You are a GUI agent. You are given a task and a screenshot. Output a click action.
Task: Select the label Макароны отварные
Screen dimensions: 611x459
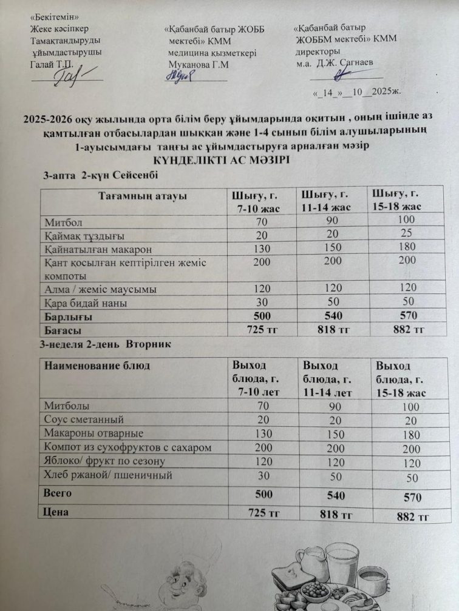[x=93, y=433]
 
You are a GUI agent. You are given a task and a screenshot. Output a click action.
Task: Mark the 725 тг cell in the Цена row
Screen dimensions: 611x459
[x=263, y=513]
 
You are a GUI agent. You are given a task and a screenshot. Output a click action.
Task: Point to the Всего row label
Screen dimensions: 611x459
[x=58, y=493]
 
